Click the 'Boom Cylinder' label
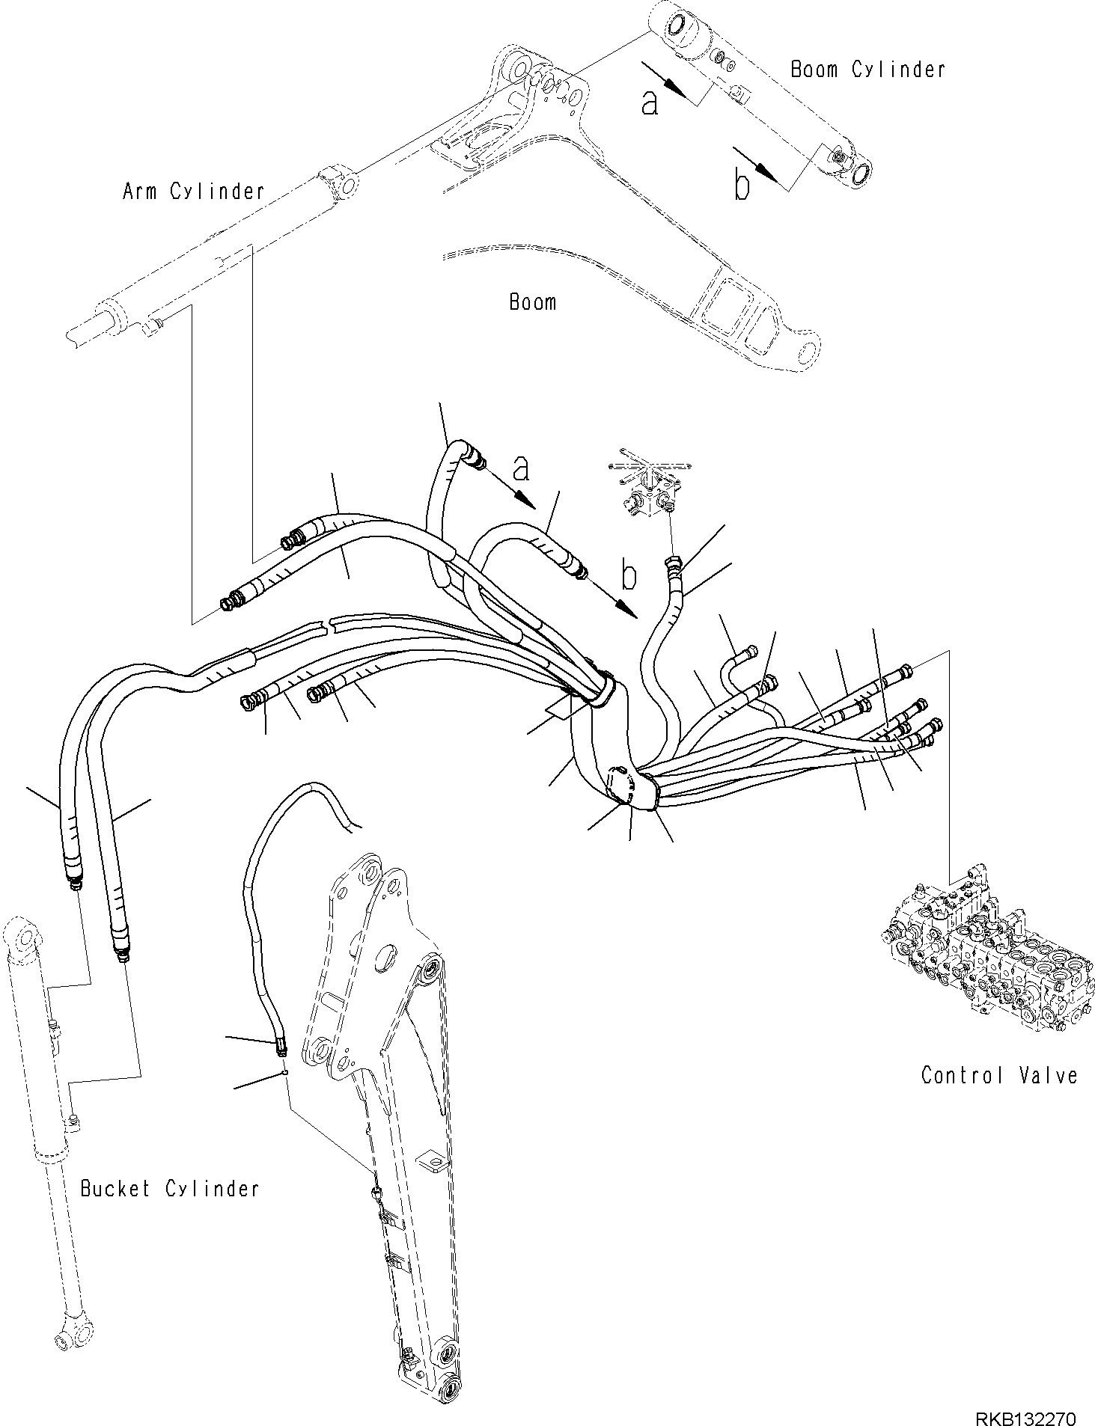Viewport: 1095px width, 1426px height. point(867,70)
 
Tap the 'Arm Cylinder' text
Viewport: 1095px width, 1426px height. point(193,192)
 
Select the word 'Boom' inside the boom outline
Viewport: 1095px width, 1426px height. point(532,302)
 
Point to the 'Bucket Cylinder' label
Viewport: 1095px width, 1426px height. point(170,1188)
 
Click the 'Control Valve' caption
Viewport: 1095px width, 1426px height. point(998,1076)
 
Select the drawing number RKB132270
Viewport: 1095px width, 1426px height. point(1025,1398)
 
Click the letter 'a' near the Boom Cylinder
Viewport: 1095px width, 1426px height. point(650,103)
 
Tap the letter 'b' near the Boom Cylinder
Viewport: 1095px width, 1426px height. point(741,187)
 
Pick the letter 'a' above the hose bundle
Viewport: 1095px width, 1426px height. point(521,469)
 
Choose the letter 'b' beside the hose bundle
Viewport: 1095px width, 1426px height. point(629,577)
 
